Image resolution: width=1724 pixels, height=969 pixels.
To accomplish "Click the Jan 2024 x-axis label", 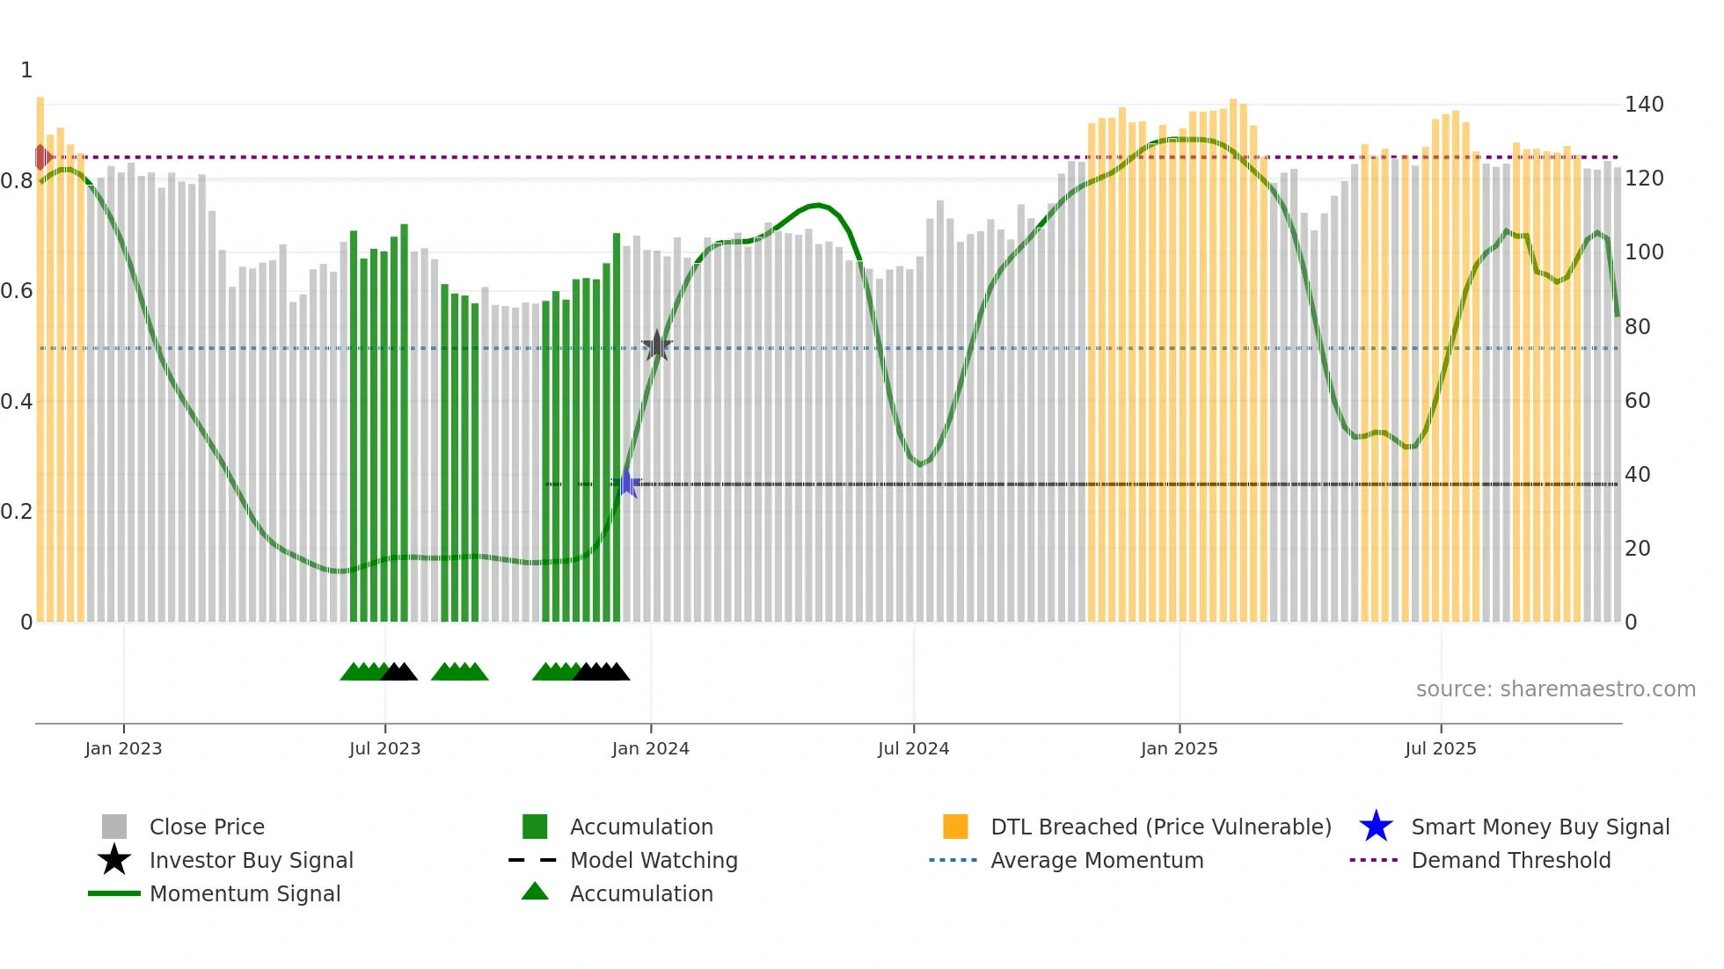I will (x=650, y=748).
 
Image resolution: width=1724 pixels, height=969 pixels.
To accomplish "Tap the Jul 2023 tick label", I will (x=384, y=748).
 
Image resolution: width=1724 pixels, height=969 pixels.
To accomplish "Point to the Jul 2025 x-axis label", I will (x=1440, y=748).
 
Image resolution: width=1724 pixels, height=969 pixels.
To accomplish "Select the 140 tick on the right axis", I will (x=1643, y=105).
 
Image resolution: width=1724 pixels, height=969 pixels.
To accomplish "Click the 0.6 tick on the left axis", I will (x=17, y=291).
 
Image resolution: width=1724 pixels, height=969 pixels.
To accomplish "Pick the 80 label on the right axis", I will (x=1637, y=326).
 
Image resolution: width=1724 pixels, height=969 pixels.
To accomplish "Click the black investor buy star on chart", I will (x=656, y=346).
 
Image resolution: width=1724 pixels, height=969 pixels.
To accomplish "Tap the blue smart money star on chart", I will (x=627, y=483).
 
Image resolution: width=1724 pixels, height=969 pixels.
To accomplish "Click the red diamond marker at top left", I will (x=41, y=157).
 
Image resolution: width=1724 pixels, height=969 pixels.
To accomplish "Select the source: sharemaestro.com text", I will (x=1555, y=689).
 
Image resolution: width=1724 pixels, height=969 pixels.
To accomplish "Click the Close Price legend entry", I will (x=207, y=827).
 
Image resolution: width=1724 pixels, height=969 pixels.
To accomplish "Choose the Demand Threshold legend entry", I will (x=1510, y=860).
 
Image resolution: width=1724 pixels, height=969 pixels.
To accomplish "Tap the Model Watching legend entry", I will (x=653, y=860).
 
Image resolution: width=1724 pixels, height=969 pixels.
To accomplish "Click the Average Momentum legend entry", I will (x=1096, y=860).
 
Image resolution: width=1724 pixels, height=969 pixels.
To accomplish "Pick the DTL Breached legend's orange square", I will (x=955, y=827).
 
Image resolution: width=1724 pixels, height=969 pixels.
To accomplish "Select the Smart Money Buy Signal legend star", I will (x=1376, y=827).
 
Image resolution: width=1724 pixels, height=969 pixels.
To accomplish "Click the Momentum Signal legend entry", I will (x=245, y=893).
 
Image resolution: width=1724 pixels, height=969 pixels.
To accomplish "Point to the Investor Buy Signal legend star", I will (x=114, y=860).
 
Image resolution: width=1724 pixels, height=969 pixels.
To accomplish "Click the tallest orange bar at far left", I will (x=40, y=352).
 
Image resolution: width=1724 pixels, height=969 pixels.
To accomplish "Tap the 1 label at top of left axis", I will (x=26, y=70).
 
